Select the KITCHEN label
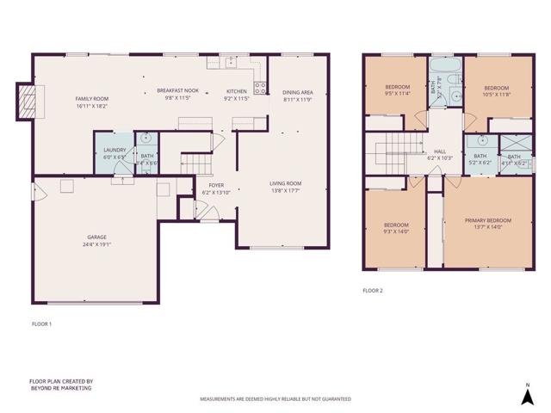pyautogui.click(x=237, y=90)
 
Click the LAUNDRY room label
pyautogui.click(x=115, y=151)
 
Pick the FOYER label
pyautogui.click(x=212, y=185)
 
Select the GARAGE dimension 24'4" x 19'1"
pyautogui.click(x=99, y=243)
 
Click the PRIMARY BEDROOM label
pyautogui.click(x=488, y=221)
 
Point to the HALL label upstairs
pyautogui.click(x=440, y=151)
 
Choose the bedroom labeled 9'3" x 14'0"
pyautogui.click(x=396, y=231)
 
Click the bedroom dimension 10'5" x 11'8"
pyautogui.click(x=497, y=95)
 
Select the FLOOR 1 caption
pyautogui.click(x=41, y=324)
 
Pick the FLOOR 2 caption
pyautogui.click(x=372, y=291)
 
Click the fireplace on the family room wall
pyautogui.click(x=28, y=102)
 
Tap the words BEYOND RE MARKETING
pyautogui.click(x=59, y=388)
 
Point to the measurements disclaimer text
pyautogui.click(x=275, y=399)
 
